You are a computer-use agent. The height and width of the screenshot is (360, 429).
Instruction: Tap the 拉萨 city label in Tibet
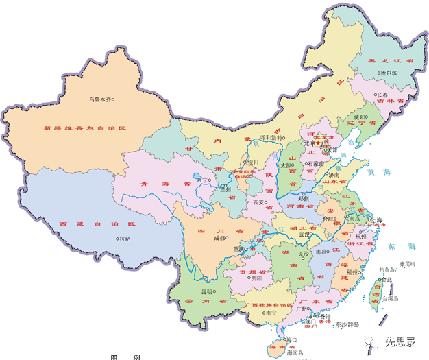tap(123, 239)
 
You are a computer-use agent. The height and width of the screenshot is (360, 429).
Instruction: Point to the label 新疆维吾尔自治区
tap(85, 128)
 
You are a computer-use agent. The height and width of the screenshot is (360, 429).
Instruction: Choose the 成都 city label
tap(219, 239)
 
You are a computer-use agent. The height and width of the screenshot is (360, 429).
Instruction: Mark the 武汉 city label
tap(304, 235)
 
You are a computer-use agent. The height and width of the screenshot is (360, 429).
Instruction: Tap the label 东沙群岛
tap(350, 324)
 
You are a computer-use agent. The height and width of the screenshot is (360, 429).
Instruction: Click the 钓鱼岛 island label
tap(389, 270)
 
